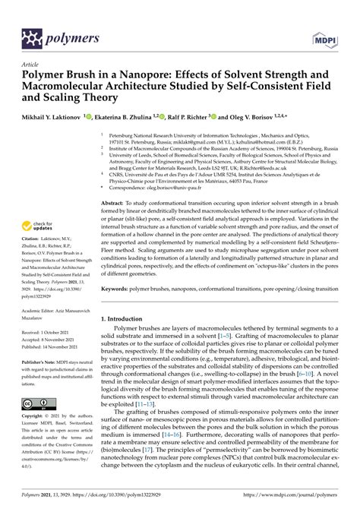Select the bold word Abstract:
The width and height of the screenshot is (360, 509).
(x=115, y=204)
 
